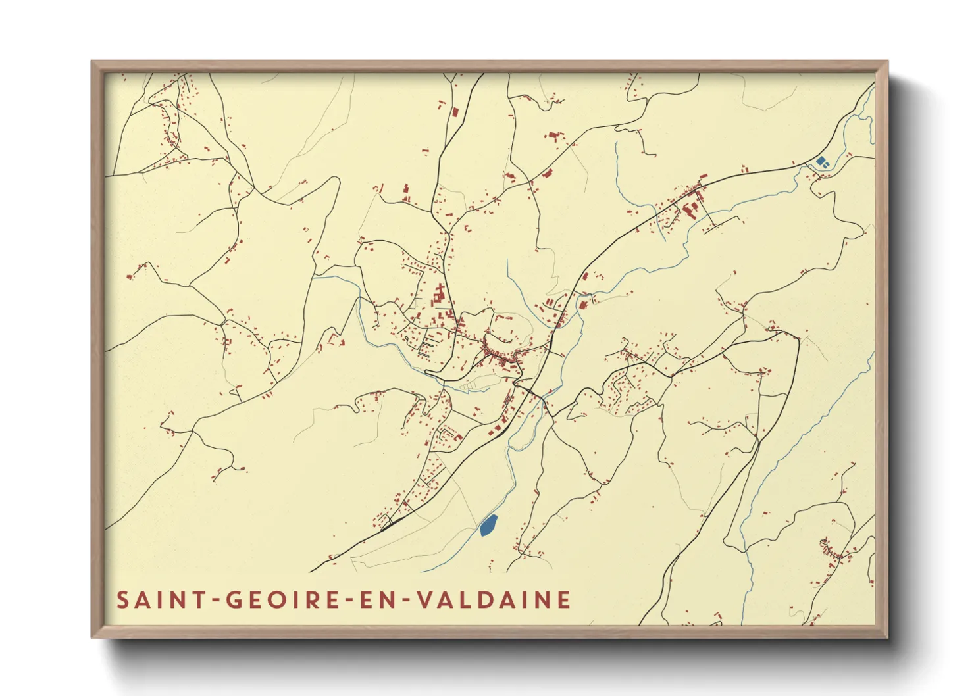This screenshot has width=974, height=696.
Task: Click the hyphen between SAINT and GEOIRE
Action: tap(214, 601)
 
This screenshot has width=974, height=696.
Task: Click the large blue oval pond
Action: tap(488, 525)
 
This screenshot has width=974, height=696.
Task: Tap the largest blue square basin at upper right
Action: tap(820, 161)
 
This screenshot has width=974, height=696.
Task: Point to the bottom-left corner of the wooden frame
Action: tap(93, 637)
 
